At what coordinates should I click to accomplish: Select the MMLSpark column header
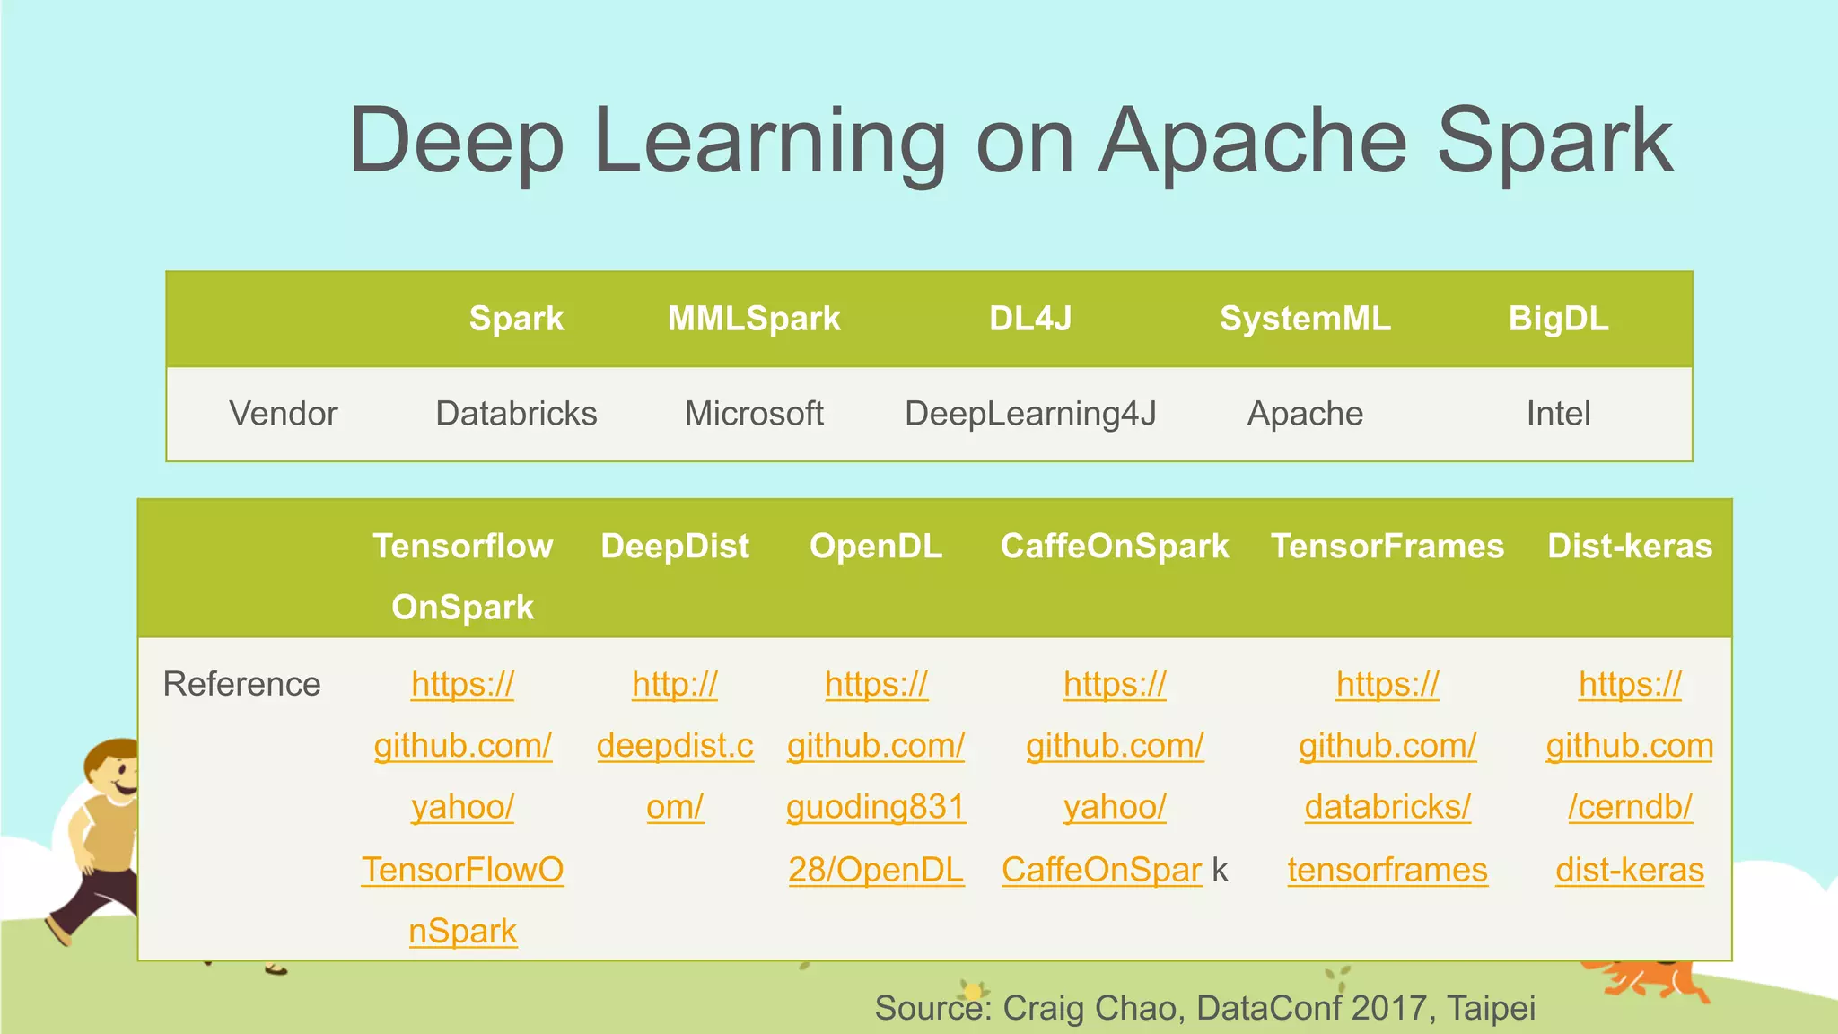754,319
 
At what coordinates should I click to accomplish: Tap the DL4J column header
1030,319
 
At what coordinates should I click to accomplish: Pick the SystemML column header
1305,319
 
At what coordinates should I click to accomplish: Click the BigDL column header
1558,319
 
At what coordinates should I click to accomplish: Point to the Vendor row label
284,414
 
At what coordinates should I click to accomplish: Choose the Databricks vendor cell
516,414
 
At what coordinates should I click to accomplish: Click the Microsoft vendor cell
754,414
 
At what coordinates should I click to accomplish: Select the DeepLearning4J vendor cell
1030,414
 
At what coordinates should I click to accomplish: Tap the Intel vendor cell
1558,414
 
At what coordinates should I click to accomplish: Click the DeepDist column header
675,547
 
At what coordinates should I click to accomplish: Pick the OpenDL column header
876,547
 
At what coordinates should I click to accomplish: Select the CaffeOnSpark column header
1115,547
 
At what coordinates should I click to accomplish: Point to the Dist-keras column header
1630,547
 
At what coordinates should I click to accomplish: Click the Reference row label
242,684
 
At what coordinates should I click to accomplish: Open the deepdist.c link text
675,746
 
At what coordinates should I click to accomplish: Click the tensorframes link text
1387,870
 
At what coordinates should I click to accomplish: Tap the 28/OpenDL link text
876,870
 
